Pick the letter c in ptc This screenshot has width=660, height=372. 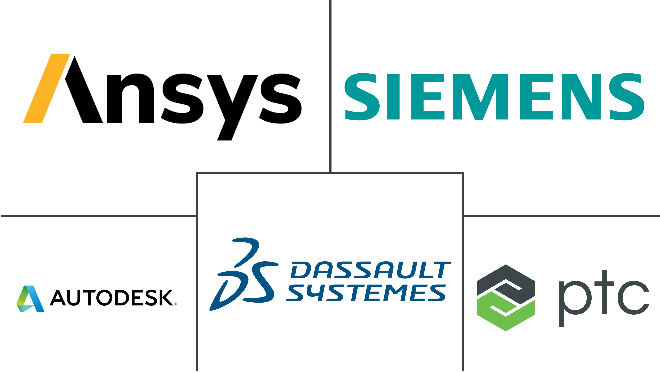634,298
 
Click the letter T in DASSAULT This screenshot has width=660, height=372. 441,270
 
